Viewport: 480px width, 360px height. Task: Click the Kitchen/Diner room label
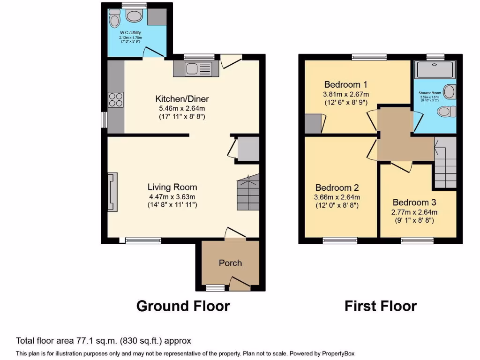(x=182, y=99)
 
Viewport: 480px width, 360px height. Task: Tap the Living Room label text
(x=172, y=187)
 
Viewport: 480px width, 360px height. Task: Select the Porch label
(x=230, y=263)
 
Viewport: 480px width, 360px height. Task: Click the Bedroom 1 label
(x=345, y=84)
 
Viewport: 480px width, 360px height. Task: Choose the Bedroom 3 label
(x=414, y=202)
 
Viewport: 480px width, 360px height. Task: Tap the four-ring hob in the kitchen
(x=116, y=99)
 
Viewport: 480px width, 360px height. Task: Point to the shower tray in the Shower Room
(x=435, y=69)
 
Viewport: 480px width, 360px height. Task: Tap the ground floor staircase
(x=247, y=193)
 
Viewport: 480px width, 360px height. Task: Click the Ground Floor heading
(x=183, y=306)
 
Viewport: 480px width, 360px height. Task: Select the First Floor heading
(x=380, y=306)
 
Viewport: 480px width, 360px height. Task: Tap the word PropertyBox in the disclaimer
(x=340, y=353)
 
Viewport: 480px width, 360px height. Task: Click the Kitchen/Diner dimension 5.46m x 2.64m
(x=182, y=108)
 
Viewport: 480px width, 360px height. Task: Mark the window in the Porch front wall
(x=215, y=287)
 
